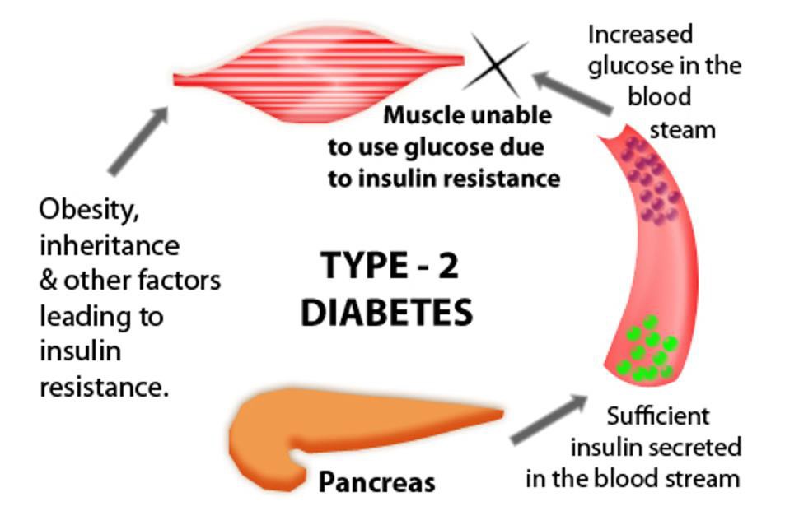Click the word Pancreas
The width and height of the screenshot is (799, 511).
click(x=376, y=482)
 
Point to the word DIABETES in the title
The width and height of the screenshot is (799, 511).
click(x=386, y=313)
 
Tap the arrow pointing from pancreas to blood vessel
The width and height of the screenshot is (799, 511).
click(x=548, y=419)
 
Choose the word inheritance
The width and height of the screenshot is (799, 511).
click(x=109, y=245)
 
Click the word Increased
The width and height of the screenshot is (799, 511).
click(x=640, y=35)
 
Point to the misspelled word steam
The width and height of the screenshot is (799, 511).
click(x=683, y=130)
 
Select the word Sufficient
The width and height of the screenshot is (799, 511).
click(x=657, y=416)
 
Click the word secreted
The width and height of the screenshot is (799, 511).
click(x=694, y=448)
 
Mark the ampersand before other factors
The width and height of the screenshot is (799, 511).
click(x=49, y=281)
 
